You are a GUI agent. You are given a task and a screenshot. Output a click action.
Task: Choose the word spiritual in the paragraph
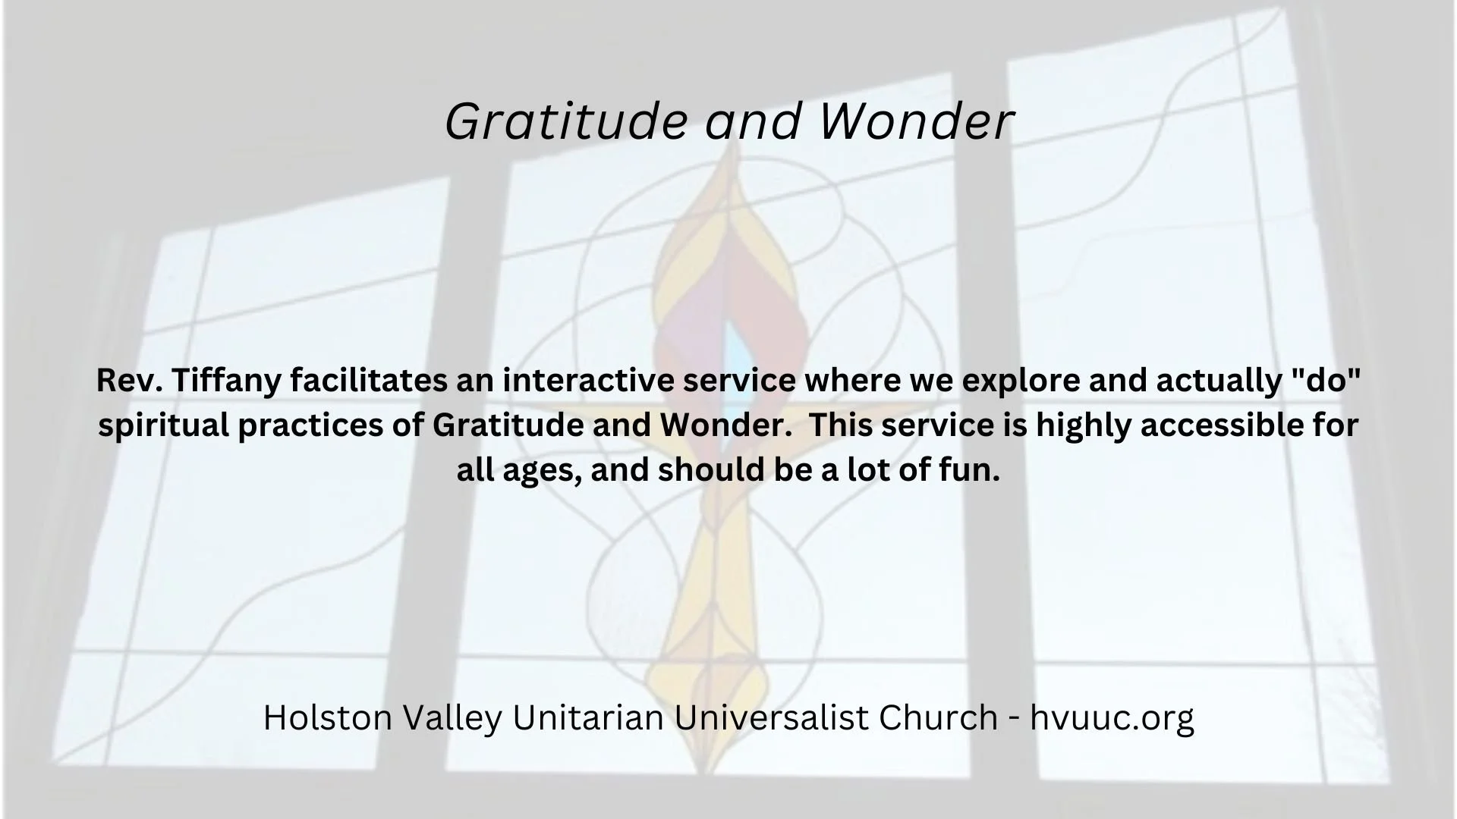[163, 425]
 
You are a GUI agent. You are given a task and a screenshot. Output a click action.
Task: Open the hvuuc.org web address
[1112, 717]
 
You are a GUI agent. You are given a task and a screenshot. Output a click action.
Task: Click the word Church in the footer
[938, 717]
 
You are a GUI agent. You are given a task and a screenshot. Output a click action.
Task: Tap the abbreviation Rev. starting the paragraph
[118, 381]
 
